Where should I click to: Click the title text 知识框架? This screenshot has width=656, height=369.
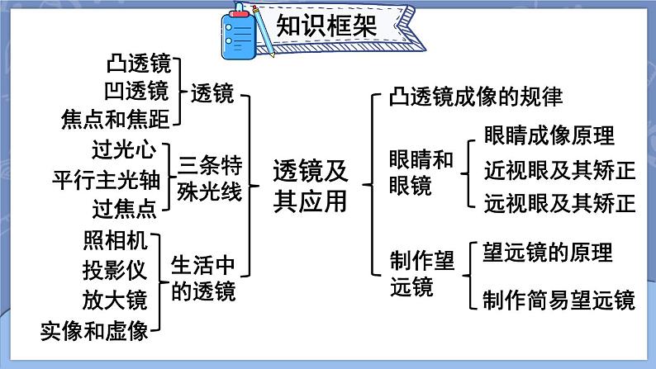(326, 26)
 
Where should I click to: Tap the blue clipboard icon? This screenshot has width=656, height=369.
(239, 32)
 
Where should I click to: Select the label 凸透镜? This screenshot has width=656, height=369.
(139, 64)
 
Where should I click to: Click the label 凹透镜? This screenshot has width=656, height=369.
(136, 91)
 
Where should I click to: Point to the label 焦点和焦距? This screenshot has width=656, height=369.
(116, 119)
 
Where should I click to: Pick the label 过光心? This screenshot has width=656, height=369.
(124, 149)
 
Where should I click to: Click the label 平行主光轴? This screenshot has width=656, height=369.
(107, 180)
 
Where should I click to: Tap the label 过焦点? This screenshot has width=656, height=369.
(124, 209)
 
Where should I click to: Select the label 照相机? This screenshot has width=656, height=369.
(116, 241)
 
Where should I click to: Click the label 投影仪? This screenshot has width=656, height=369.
(115, 271)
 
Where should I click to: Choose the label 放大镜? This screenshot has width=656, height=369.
(115, 300)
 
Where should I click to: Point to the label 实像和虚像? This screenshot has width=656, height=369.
(94, 331)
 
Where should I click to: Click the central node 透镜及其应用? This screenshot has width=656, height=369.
(311, 187)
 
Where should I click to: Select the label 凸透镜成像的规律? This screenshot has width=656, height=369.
(476, 97)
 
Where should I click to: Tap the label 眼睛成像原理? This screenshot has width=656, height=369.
(549, 135)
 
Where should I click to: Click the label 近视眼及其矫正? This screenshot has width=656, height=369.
(560, 170)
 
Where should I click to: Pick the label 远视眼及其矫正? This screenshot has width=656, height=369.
(560, 204)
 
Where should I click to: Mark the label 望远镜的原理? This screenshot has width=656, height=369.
(548, 253)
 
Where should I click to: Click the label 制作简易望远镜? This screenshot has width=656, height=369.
(559, 300)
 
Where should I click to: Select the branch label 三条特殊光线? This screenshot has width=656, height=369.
(210, 179)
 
